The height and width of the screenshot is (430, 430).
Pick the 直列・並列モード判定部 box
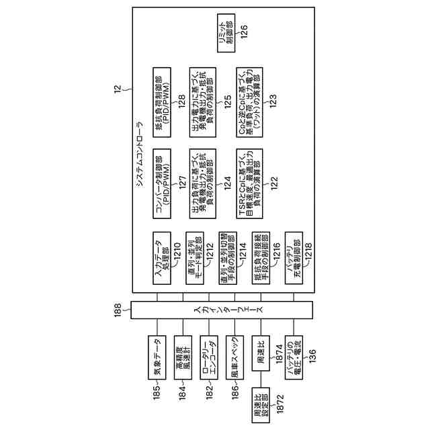tap(195, 263)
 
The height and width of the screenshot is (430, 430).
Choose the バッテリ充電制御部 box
tap(294, 263)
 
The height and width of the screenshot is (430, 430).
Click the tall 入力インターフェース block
tap(221, 310)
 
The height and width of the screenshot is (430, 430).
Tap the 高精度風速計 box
tap(183, 350)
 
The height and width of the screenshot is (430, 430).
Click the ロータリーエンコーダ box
tap(208, 350)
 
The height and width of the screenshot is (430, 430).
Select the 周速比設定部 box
tap(261, 404)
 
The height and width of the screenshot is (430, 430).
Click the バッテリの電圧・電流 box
tap(294, 350)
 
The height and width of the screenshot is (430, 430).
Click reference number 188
tap(118, 310)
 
